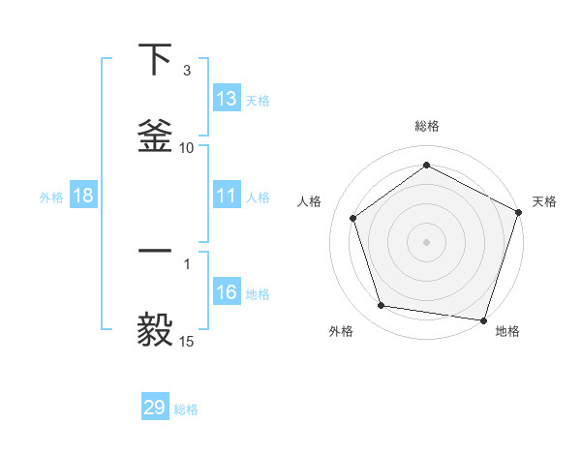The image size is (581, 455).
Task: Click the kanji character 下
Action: (155, 60)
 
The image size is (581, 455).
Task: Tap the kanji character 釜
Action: (155, 136)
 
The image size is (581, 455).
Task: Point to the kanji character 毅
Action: (155, 329)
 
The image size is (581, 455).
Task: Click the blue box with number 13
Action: (227, 99)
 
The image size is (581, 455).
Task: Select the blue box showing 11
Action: (227, 197)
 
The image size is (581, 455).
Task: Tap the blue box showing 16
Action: (227, 293)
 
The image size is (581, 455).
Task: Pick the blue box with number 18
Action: (83, 197)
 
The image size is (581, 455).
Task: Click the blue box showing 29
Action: (155, 408)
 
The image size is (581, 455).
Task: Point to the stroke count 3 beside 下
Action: (187, 71)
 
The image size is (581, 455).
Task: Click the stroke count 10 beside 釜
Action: (187, 147)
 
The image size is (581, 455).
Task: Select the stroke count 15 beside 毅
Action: (187, 341)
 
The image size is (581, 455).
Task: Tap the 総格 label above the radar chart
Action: (427, 126)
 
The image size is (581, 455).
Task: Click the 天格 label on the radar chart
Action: (544, 201)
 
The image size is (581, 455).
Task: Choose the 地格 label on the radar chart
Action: (507, 331)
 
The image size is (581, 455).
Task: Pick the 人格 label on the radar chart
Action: (310, 201)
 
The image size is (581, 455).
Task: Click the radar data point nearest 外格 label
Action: (382, 306)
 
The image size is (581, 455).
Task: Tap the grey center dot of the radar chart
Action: (426, 241)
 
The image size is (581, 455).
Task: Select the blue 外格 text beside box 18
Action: (51, 197)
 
